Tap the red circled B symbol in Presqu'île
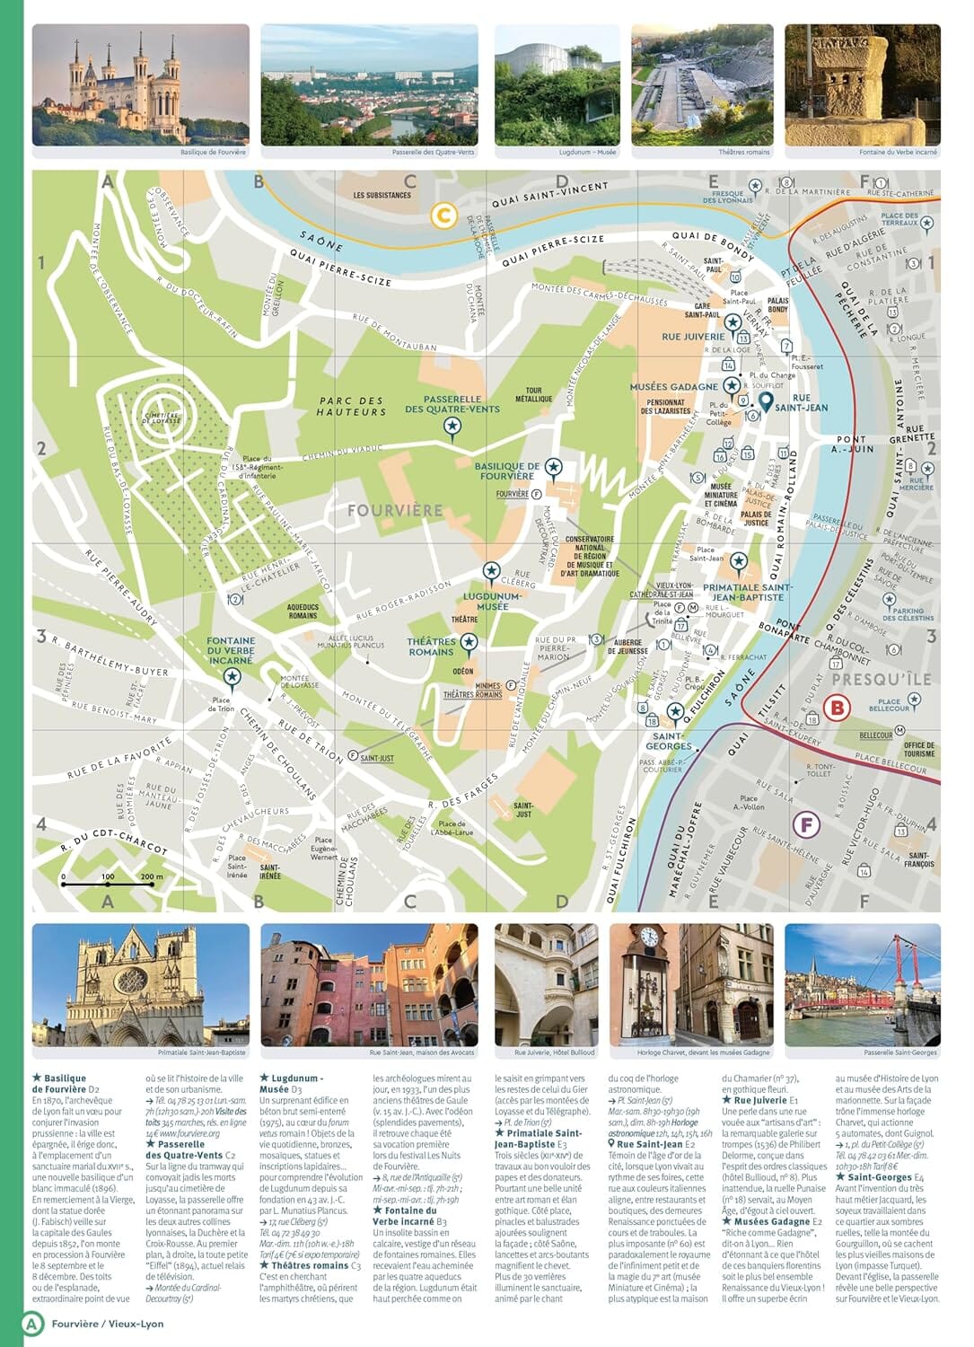point(838,708)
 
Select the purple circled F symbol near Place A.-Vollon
point(807,824)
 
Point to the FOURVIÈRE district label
point(395,510)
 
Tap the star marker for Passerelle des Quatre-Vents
point(452,426)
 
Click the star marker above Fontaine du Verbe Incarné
point(232,676)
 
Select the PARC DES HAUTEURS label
point(351,406)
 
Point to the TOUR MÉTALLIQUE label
point(533,394)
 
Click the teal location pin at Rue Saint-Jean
point(766,401)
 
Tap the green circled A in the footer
point(33,1323)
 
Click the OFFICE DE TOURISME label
point(918,749)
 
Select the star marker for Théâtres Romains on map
point(468,642)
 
